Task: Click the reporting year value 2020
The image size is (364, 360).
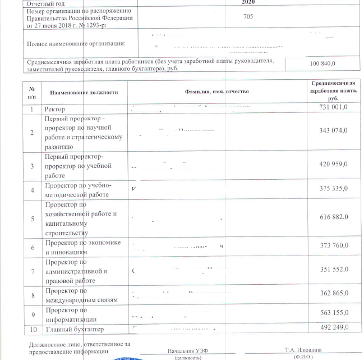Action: pyautogui.click(x=248, y=2)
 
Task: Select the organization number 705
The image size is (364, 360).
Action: pyautogui.click(x=248, y=16)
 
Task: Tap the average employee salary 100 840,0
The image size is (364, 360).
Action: pyautogui.click(x=326, y=64)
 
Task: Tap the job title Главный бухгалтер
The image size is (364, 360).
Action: pyautogui.click(x=74, y=329)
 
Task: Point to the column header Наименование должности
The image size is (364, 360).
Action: pyautogui.click(x=84, y=92)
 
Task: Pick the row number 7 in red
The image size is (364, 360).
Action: pyautogui.click(x=33, y=272)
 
